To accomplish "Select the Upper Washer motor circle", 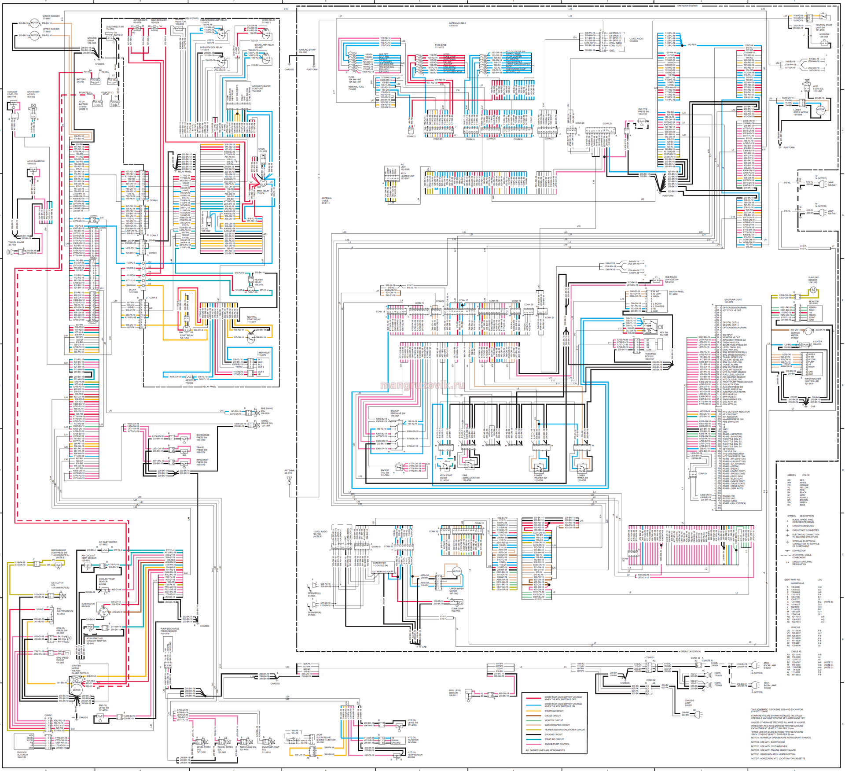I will pos(34,36).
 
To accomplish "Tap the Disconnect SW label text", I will pos(115,27).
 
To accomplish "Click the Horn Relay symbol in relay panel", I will pos(265,32).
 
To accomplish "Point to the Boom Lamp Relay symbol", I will pos(266,59).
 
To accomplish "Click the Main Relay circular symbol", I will pos(263,181).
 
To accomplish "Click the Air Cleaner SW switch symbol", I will pos(33,172).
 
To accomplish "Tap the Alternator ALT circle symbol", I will pos(104,612).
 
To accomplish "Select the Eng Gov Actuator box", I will pos(24,742).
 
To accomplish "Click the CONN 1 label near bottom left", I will pos(48,715).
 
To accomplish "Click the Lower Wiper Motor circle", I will pos(820,110).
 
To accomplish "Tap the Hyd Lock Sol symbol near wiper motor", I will pos(806,83).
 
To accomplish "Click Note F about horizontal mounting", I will pos(778,758).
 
